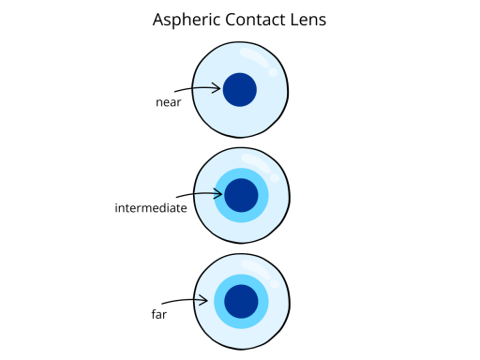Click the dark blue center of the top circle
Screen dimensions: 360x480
pos(240,89)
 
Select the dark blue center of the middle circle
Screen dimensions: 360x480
pos(241,195)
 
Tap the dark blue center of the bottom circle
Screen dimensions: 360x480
pos(241,301)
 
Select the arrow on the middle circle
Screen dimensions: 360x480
pos(207,194)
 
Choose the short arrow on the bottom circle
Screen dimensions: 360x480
pos(201,300)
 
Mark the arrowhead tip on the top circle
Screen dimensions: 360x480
pos(220,88)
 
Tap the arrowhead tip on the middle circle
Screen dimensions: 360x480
pos(221,194)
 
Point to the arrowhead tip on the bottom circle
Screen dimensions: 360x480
pos(207,300)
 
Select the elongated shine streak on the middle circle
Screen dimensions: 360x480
pos(254,162)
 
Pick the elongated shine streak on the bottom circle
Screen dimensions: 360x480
pos(254,268)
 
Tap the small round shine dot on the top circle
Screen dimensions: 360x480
pos(272,72)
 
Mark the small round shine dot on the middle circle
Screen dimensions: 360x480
pos(273,178)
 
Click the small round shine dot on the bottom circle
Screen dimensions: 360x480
pos(273,284)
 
